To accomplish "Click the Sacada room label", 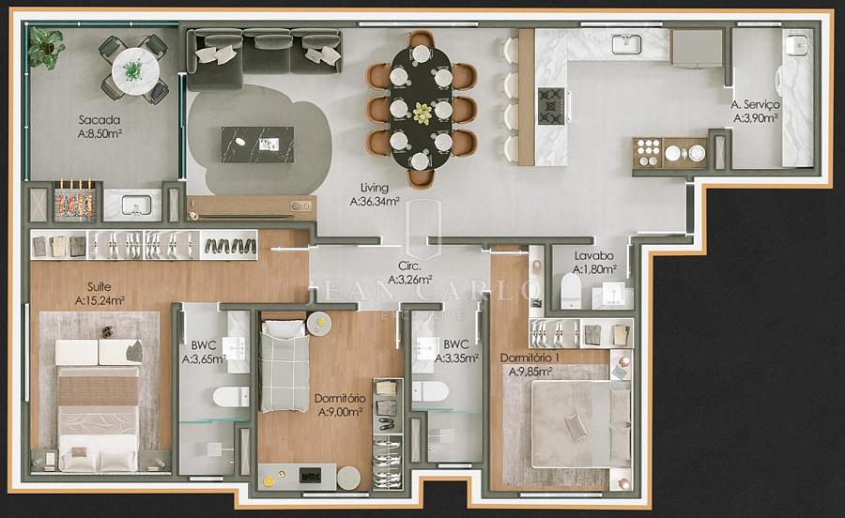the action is pos(100,120).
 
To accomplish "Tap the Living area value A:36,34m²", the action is pos(375,202).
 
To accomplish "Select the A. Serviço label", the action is pos(755,104).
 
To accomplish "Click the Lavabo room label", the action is pos(594,256).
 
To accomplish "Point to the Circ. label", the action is pos(409,266).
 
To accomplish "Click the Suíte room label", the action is pos(100,287).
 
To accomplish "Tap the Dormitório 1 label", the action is pos(530,358).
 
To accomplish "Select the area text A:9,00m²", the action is pos(340,413).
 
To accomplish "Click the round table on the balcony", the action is pos(135,71).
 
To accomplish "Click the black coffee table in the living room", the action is pos(257,145).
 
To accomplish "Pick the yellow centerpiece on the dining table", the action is pos(422,113).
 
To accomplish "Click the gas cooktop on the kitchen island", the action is pos(551,107).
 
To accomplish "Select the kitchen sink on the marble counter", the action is pos(627,44).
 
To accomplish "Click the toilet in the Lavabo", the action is pos(571,291).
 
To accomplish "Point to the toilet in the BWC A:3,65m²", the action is pos(231,397).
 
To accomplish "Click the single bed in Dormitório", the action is pos(284,366).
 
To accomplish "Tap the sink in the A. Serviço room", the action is pos(796,44).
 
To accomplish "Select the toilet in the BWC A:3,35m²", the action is pos(430,391).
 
